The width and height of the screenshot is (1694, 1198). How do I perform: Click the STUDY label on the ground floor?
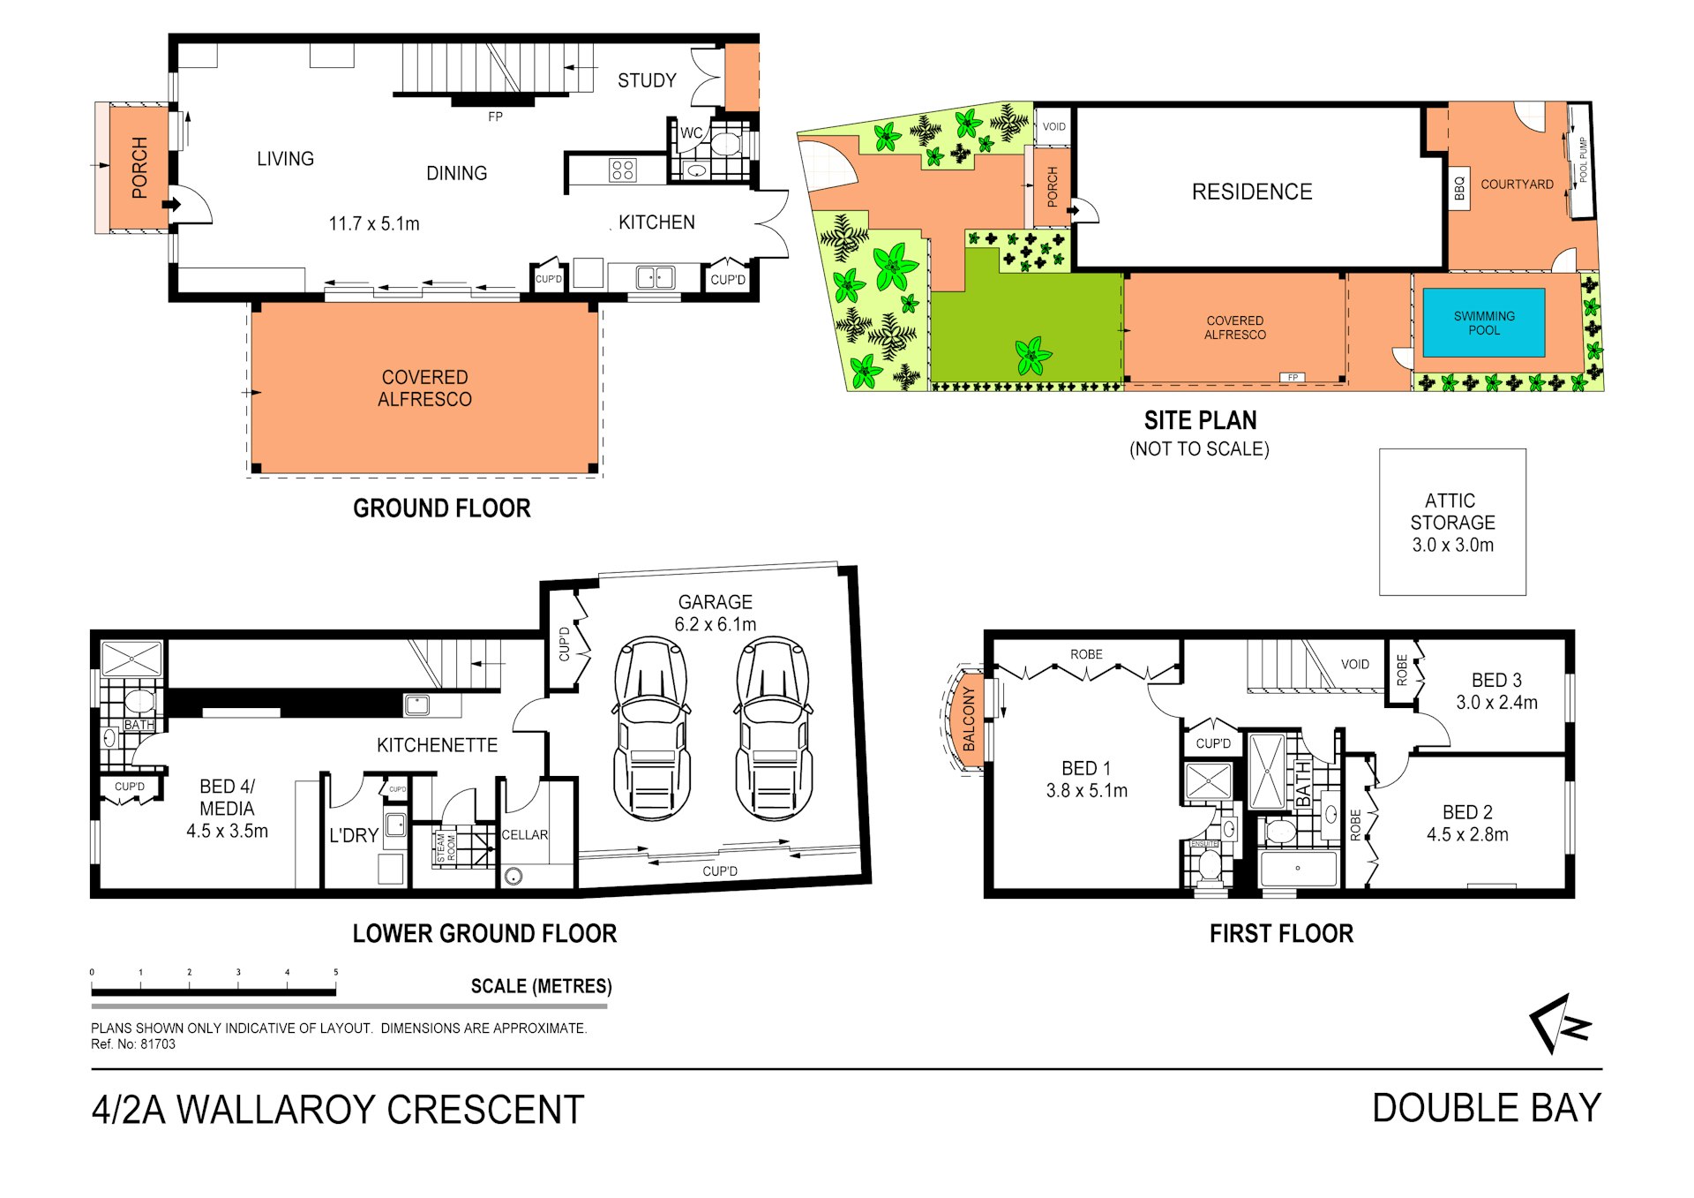tap(647, 80)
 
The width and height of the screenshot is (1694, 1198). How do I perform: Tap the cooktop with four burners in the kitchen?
tap(622, 170)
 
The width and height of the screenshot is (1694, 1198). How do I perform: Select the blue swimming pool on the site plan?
tap(1484, 322)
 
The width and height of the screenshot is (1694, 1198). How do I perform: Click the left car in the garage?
tap(652, 730)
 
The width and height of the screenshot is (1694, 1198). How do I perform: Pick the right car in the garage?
tap(774, 730)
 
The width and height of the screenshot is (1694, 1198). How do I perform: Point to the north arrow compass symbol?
tap(1560, 1023)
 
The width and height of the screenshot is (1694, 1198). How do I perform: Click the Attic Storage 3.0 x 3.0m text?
tap(1452, 523)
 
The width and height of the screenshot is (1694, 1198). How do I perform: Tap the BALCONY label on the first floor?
tap(969, 719)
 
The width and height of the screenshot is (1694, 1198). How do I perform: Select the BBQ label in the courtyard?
tap(1459, 188)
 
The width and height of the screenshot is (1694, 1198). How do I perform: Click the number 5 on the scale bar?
tap(336, 972)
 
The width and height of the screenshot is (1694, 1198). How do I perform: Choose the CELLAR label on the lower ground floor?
tap(525, 834)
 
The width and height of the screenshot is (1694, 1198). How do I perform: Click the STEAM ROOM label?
tap(446, 847)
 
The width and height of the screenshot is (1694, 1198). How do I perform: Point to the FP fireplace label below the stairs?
tap(495, 117)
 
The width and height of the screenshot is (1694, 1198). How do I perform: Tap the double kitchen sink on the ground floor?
tap(655, 278)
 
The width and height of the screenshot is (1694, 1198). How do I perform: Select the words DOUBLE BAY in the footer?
tap(1487, 1108)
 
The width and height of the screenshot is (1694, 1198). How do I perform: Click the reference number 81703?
tap(158, 1044)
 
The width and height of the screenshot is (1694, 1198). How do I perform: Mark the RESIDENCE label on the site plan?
tap(1252, 192)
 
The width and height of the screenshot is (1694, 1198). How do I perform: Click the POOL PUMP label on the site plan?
tap(1584, 160)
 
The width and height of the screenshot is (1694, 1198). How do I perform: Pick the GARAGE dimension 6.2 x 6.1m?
tap(716, 624)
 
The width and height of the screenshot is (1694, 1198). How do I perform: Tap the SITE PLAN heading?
tap(1200, 420)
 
